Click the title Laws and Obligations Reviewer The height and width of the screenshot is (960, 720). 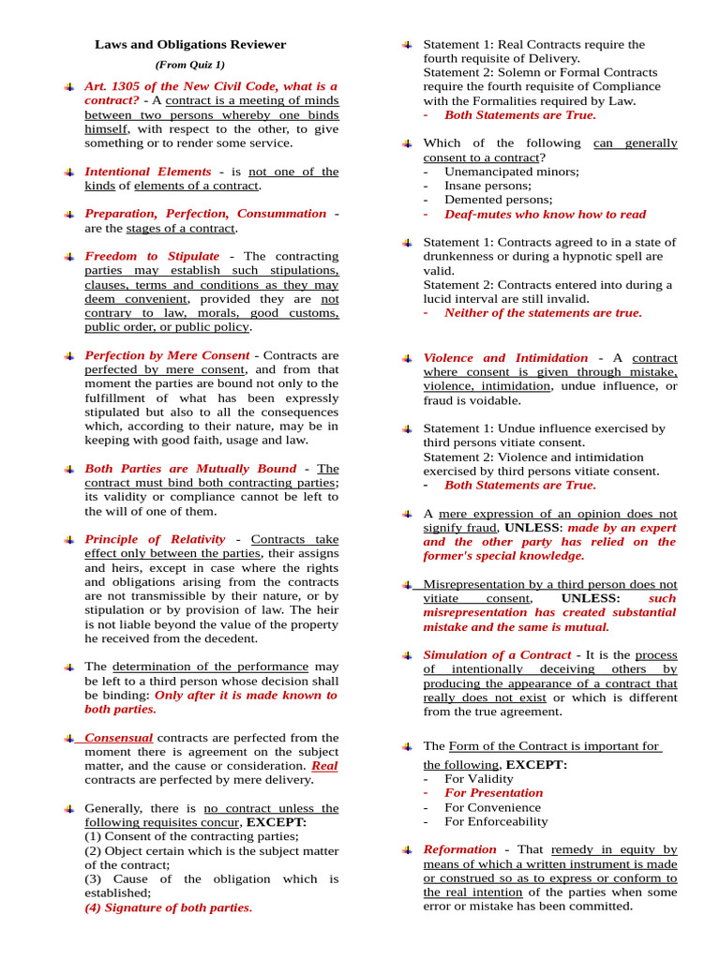tap(190, 44)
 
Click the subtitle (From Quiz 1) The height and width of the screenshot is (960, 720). tap(190, 65)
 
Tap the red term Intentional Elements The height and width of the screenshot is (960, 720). tap(147, 172)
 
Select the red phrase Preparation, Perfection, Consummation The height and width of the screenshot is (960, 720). tap(205, 214)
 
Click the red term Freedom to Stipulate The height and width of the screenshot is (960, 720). tap(152, 256)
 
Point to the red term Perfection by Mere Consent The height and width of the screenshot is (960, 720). tap(167, 355)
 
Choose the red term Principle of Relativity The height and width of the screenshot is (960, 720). tap(155, 539)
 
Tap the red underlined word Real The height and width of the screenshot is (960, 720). tap(324, 766)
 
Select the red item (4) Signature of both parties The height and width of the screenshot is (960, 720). tap(168, 907)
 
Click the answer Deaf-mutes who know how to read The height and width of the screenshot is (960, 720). tap(545, 214)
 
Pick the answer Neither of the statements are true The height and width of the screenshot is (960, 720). tap(543, 313)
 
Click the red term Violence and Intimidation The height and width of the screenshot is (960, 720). tap(505, 358)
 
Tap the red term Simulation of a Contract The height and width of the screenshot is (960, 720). tap(497, 655)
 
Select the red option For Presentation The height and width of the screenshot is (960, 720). tap(493, 793)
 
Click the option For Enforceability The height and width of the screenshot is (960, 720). tap(496, 821)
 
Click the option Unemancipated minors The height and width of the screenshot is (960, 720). tap(511, 172)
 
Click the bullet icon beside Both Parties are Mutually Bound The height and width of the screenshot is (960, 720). tap(70, 469)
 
